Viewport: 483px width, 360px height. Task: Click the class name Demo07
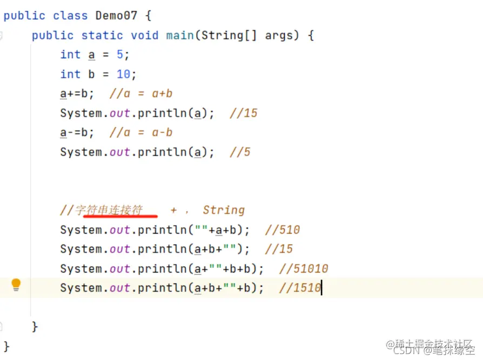(116, 16)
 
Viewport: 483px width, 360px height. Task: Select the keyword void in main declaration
(144, 36)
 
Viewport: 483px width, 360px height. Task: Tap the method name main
(180, 36)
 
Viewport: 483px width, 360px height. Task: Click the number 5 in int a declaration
(120, 55)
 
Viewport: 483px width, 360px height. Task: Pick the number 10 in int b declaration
(123, 74)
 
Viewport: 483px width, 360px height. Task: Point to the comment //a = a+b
(141, 94)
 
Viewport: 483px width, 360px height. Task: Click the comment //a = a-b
(141, 133)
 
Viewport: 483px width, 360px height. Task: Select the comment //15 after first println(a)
(243, 113)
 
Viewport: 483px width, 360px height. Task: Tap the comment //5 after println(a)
(240, 152)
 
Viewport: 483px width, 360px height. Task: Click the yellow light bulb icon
(16, 284)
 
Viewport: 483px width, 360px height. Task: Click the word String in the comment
(224, 210)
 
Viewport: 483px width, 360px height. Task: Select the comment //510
(283, 230)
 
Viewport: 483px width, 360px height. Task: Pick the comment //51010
(304, 269)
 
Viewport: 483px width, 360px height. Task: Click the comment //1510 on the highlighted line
(300, 288)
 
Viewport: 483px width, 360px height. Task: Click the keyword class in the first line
(70, 16)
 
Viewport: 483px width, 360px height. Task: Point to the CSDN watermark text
(405, 350)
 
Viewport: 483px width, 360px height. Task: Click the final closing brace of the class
(6, 345)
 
